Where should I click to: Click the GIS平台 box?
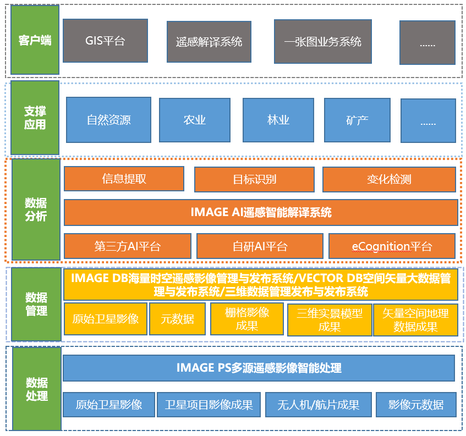[x=105, y=41]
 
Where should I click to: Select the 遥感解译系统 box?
[x=209, y=42]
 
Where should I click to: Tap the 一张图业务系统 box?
[x=322, y=42]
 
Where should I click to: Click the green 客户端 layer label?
[x=35, y=40]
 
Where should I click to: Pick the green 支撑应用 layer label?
[x=35, y=118]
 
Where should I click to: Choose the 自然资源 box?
[x=108, y=120]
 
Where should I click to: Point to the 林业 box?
[x=278, y=120]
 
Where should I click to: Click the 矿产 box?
[x=357, y=120]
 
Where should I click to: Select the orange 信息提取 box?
[x=124, y=179]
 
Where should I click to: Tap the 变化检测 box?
[x=389, y=179]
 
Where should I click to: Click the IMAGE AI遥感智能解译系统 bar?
[x=261, y=212]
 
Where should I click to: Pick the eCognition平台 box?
[x=392, y=246]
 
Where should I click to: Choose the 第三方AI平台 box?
[x=127, y=246]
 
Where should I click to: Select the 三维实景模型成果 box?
[x=329, y=319]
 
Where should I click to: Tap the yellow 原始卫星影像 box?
[x=106, y=319]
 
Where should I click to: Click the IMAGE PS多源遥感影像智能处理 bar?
[x=259, y=368]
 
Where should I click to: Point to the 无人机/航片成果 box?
[x=319, y=405]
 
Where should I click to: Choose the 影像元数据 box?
[x=416, y=405]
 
